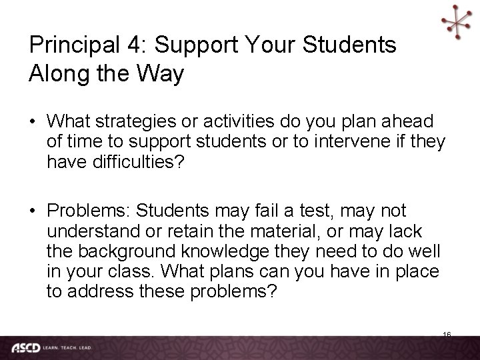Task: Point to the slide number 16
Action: (447, 333)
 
